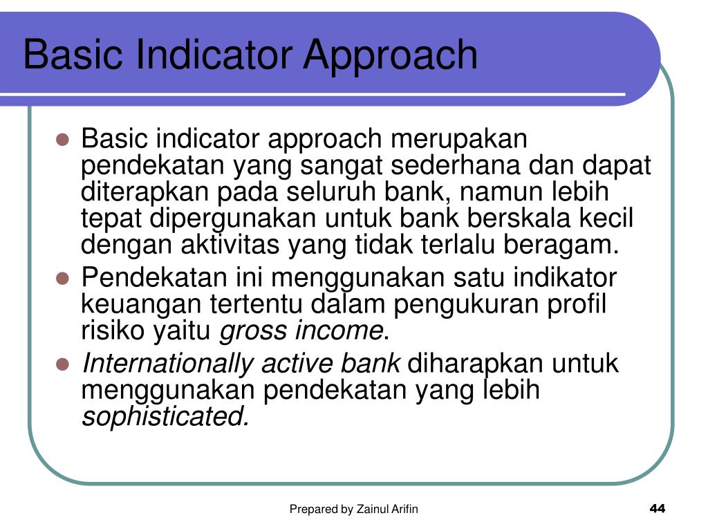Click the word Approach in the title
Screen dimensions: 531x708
(391, 55)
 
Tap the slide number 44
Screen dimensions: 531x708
(657, 510)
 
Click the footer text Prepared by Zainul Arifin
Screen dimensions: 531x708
(353, 510)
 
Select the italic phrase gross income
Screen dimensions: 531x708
(301, 332)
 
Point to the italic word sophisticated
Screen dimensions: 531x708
(165, 418)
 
